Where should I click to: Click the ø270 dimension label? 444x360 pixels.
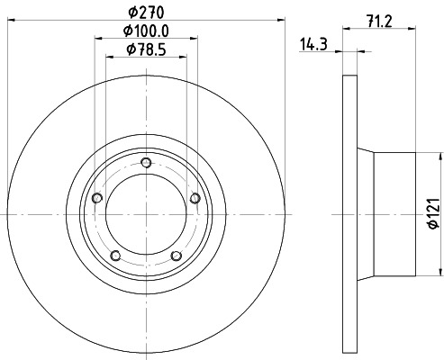[146, 13]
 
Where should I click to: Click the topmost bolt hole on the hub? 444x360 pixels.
[147, 162]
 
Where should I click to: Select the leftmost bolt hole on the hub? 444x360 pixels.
[98, 198]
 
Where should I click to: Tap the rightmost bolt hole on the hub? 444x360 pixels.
[195, 198]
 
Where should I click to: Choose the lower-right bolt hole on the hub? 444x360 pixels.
[177, 255]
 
